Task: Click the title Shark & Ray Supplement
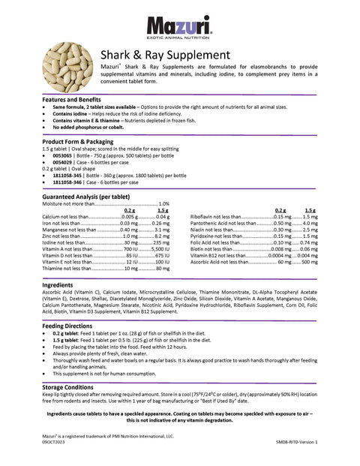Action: [x=165, y=55]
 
